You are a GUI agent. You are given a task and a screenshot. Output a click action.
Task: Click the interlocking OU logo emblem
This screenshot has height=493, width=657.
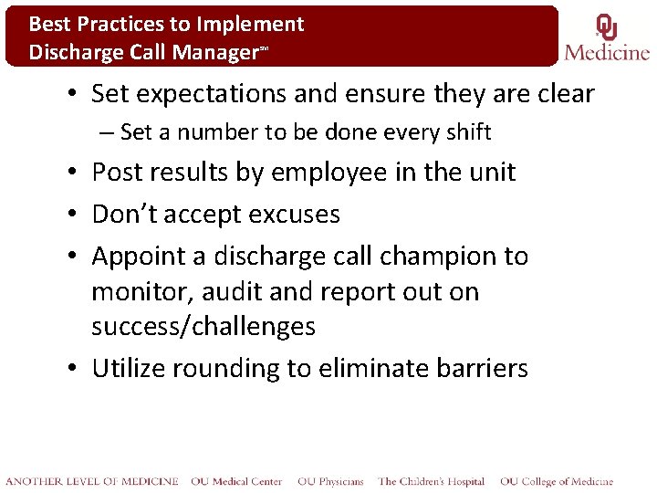(x=606, y=28)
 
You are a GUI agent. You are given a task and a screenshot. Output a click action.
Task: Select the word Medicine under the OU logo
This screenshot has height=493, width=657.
(x=607, y=52)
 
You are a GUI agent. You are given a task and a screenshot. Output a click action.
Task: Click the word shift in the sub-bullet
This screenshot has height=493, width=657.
(x=468, y=132)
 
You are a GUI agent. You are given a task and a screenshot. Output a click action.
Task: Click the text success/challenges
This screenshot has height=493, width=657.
(x=203, y=327)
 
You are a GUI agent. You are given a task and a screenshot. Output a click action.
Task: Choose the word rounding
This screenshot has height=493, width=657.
(x=261, y=369)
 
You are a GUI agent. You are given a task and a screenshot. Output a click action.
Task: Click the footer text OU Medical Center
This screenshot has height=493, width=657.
(x=237, y=481)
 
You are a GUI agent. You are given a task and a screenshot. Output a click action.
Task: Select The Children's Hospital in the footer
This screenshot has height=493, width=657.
(x=432, y=481)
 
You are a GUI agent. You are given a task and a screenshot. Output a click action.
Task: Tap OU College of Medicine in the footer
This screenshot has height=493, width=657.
(x=556, y=481)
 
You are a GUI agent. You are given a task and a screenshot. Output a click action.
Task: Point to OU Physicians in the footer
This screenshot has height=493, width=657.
(x=329, y=481)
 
